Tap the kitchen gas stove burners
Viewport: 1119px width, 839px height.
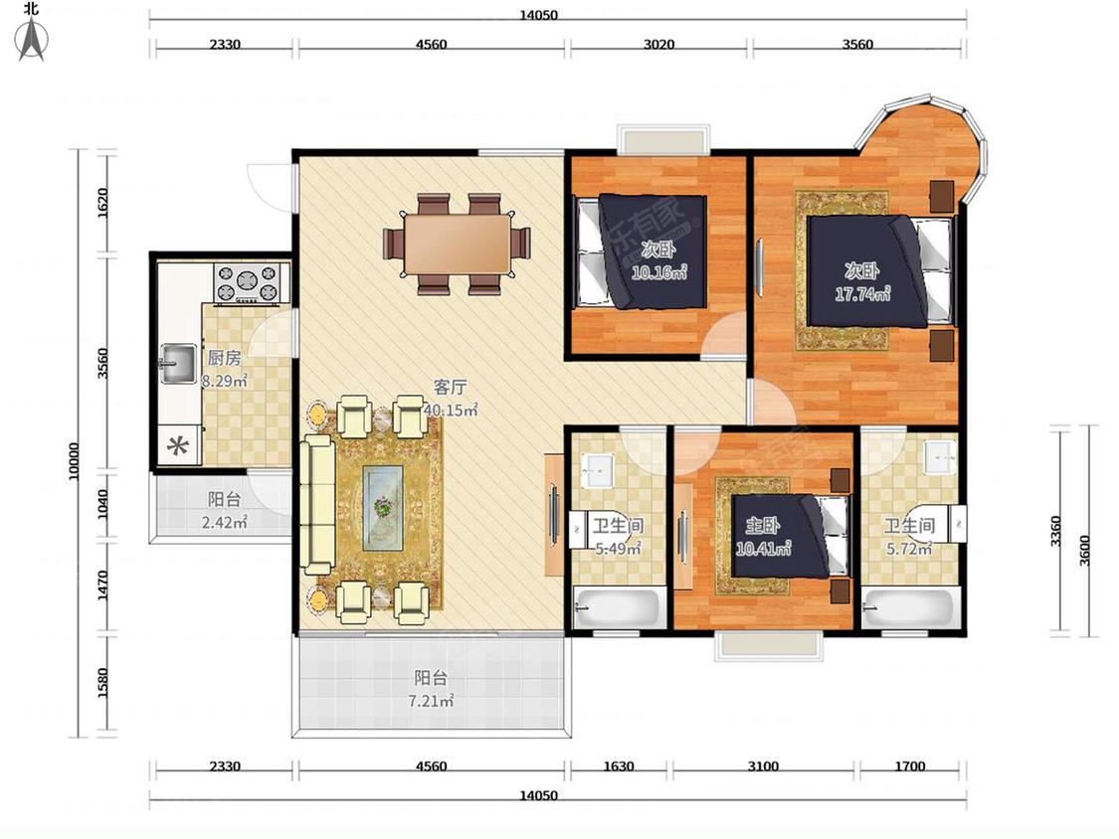(247, 281)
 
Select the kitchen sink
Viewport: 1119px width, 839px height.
(178, 363)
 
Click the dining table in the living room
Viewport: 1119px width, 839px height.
(457, 244)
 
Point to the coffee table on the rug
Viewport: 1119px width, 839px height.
(383, 507)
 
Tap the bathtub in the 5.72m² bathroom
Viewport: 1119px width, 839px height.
(909, 607)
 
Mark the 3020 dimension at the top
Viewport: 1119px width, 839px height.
(658, 44)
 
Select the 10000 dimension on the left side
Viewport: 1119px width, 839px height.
(74, 461)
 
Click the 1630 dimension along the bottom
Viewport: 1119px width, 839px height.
(618, 766)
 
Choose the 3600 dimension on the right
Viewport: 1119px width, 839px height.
(1085, 550)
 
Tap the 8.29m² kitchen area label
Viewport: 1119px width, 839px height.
(224, 381)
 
